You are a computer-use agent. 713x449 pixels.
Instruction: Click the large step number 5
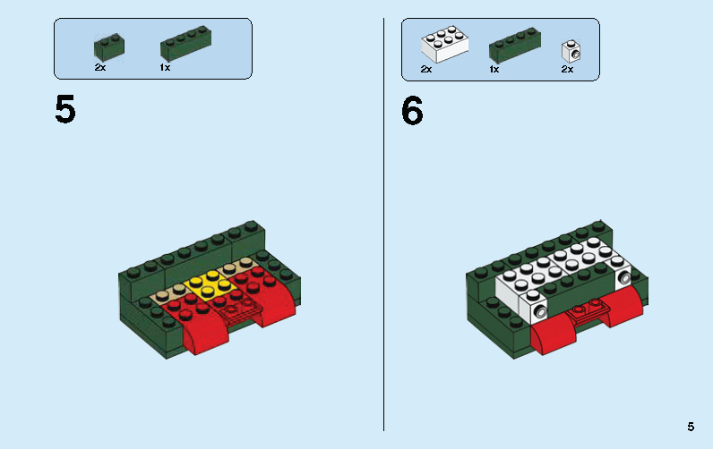65,110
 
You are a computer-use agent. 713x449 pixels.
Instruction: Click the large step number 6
412,110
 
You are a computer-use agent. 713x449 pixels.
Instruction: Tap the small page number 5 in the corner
691,427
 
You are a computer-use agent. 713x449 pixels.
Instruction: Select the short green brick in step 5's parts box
109,47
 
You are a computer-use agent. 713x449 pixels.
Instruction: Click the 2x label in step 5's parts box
99,67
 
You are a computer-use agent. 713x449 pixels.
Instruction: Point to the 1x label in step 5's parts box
165,67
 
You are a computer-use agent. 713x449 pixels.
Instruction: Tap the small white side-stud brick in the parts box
568,49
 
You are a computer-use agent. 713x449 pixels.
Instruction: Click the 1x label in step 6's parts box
494,69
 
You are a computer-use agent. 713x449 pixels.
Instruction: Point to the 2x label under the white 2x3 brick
426,69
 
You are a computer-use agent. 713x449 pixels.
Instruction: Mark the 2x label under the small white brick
567,69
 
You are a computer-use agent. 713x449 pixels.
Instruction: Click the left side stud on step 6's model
540,311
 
